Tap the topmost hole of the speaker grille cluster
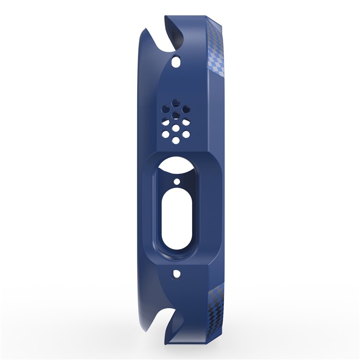tap(176, 104)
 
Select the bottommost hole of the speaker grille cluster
tap(176, 140)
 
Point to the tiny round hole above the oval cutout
tap(177, 182)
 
